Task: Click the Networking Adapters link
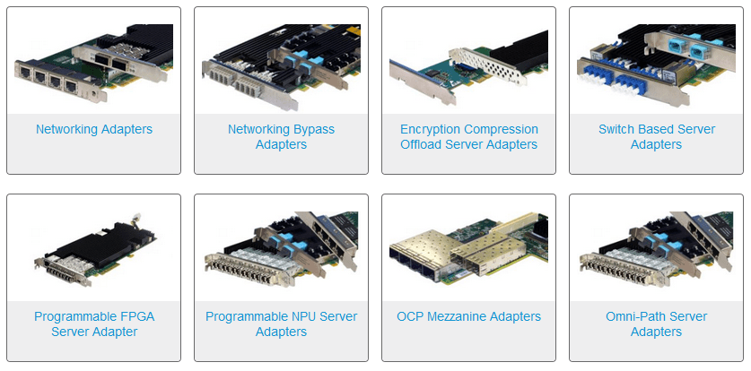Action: point(94,129)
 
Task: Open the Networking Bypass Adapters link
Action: point(281,137)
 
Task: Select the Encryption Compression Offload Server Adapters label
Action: point(469,137)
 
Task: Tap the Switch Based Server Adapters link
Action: point(657,137)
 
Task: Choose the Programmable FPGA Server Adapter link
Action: point(94,324)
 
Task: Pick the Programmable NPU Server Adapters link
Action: point(281,324)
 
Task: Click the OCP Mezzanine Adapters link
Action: point(469,316)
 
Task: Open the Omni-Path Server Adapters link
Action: point(657,324)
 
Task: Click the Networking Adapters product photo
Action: point(94,64)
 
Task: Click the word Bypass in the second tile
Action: point(312,130)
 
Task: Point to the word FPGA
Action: point(137,316)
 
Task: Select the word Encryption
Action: point(431,130)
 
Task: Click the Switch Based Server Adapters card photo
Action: point(657,65)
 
